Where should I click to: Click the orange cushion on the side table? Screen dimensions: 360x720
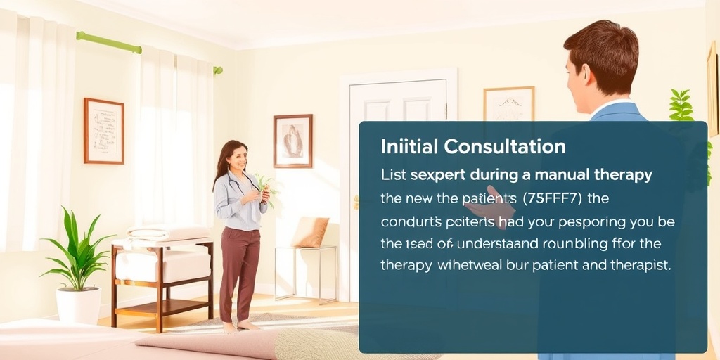pyautogui.click(x=311, y=233)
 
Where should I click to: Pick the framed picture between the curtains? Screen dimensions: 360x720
pyautogui.click(x=103, y=131)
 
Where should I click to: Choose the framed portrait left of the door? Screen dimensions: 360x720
pyautogui.click(x=292, y=141)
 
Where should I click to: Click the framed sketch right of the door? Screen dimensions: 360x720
pyautogui.click(x=508, y=105)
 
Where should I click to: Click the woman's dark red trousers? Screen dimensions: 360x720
pyautogui.click(x=240, y=267)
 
